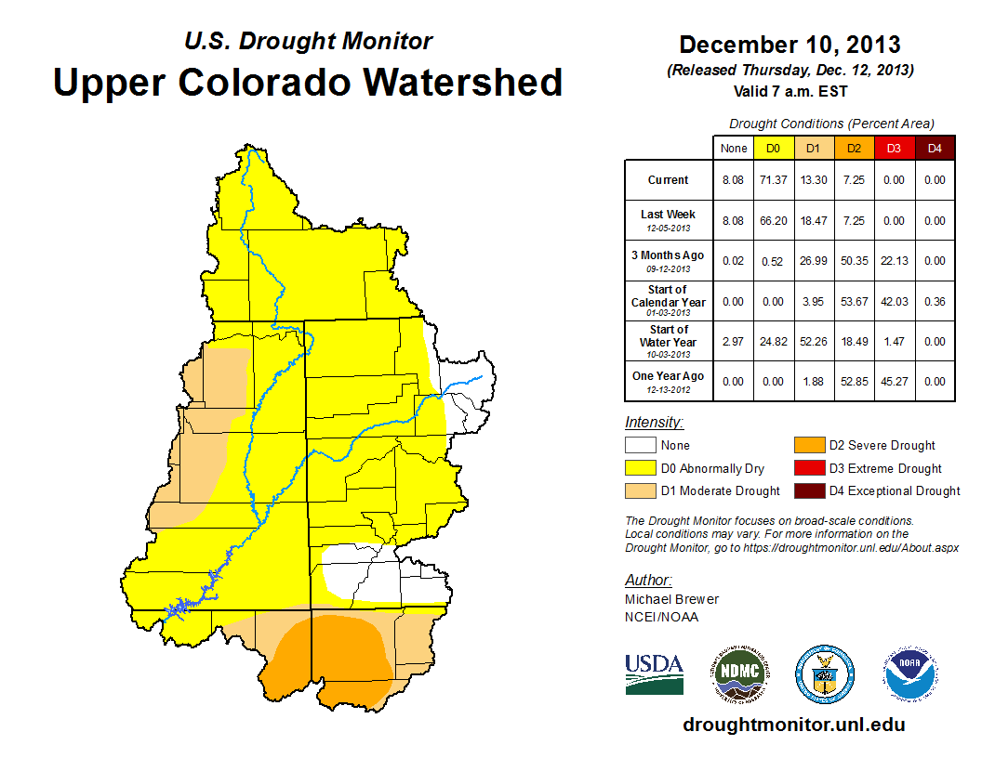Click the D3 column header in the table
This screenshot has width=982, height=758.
pyautogui.click(x=894, y=148)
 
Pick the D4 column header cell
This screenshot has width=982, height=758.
pyautogui.click(x=935, y=148)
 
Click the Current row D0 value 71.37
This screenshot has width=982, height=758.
pyautogui.click(x=774, y=180)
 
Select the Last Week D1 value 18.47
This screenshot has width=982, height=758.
pyautogui.click(x=813, y=221)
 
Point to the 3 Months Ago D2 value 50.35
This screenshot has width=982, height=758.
pyautogui.click(x=854, y=261)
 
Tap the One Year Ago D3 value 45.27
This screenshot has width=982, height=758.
pyautogui.click(x=894, y=381)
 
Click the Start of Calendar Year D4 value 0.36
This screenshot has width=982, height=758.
pyautogui.click(x=935, y=301)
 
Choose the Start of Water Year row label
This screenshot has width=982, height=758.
pyautogui.click(x=669, y=341)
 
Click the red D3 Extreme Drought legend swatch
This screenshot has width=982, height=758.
pyautogui.click(x=808, y=468)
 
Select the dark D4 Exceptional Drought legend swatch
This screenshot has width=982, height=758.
pyautogui.click(x=808, y=490)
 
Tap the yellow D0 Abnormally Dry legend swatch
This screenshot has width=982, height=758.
pyautogui.click(x=640, y=468)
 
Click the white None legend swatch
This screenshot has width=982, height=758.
pyautogui.click(x=640, y=446)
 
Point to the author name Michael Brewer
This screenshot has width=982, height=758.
pyautogui.click(x=671, y=599)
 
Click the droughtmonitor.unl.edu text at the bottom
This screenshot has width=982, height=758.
pyautogui.click(x=793, y=725)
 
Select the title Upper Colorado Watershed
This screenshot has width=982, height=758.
pyautogui.click(x=308, y=82)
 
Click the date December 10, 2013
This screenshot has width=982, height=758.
pyautogui.click(x=790, y=45)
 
